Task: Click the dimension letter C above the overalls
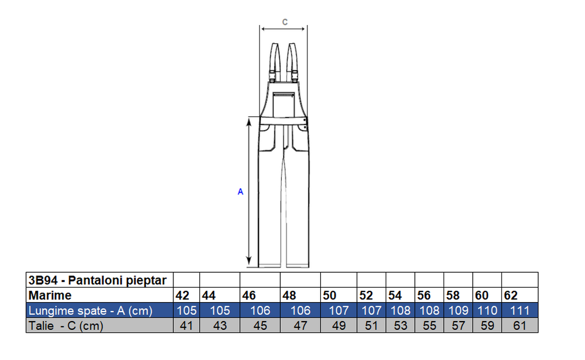coord(285,22)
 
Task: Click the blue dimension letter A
coord(240,192)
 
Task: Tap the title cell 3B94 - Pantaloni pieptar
coord(98,280)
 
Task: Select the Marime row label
coord(50,295)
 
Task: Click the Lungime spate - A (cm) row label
coord(90,311)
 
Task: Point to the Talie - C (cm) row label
coord(66,325)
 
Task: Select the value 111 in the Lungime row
coord(520,311)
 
